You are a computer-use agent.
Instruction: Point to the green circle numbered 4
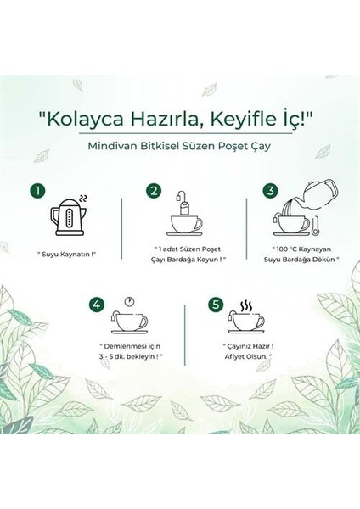coord(95,303)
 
